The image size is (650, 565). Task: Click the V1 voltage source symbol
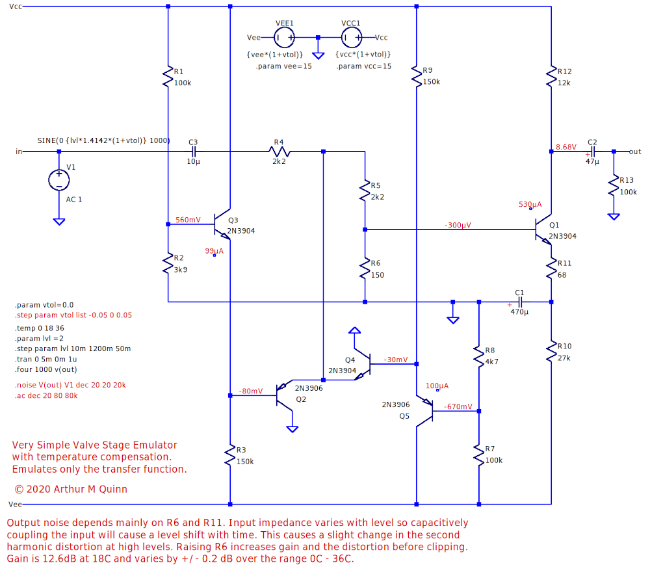point(58,180)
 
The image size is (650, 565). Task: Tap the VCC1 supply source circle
point(351,38)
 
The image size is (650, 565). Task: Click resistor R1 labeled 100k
point(168,76)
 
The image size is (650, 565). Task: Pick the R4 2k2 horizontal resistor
point(280,151)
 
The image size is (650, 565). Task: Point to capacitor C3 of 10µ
point(193,151)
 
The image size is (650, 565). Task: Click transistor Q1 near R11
point(543,230)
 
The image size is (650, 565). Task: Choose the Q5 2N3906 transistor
point(426,411)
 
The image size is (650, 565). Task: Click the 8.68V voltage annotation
point(565,147)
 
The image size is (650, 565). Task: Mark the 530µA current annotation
point(530,204)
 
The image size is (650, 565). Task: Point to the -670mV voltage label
point(458,406)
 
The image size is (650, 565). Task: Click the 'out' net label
point(635,151)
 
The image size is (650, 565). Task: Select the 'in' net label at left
point(18,151)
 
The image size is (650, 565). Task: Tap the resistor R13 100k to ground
point(613,186)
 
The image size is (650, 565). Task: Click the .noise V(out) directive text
point(70,385)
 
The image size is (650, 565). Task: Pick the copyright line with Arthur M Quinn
point(70,489)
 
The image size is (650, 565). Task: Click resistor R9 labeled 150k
point(416,76)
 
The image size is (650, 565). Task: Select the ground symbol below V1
point(58,221)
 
